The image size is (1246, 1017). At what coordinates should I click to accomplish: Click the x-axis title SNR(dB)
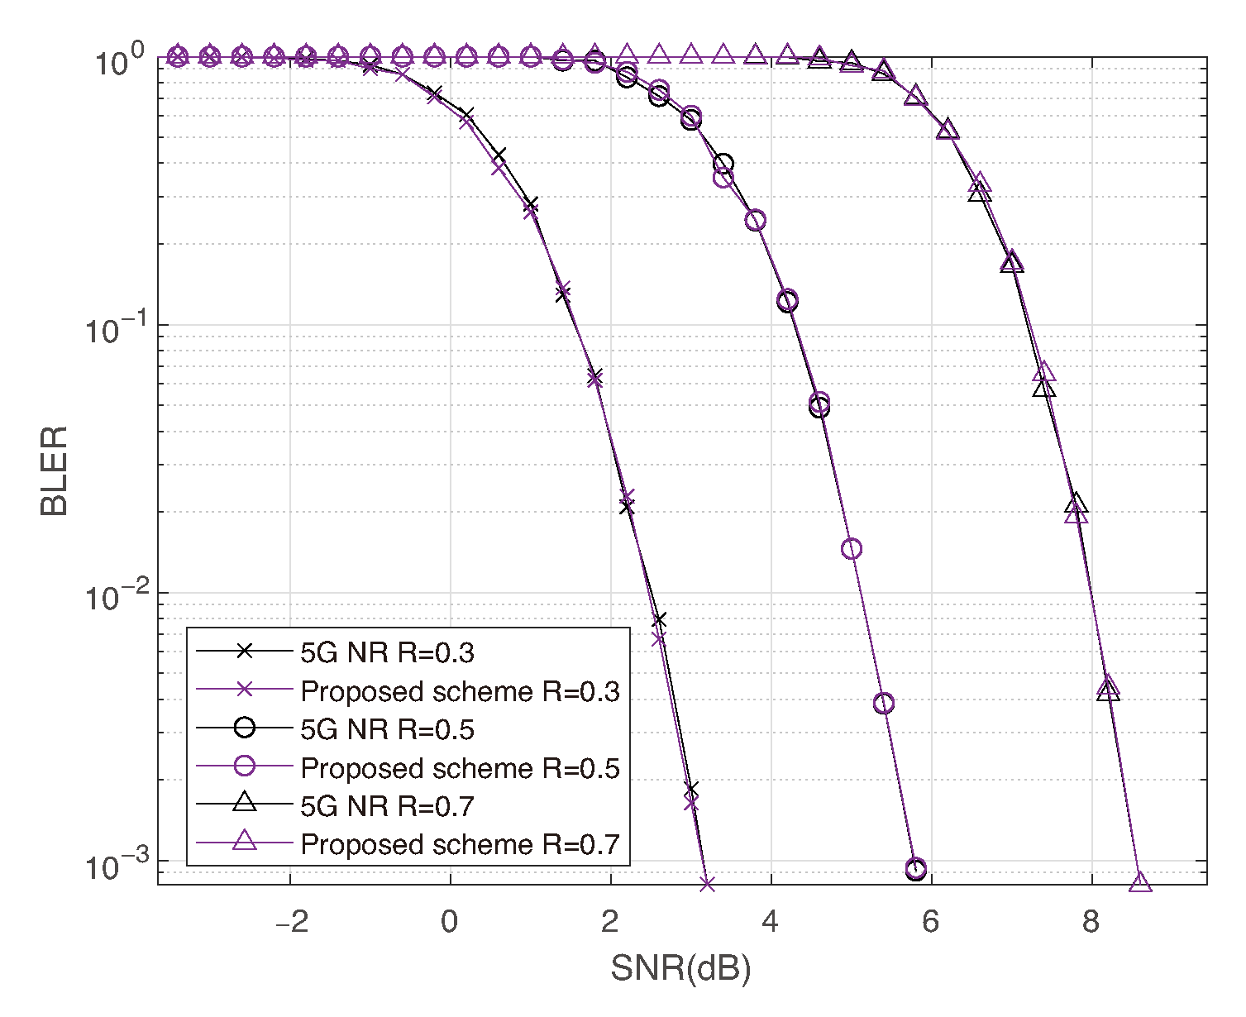[680, 968]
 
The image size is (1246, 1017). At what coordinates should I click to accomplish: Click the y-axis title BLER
[55, 471]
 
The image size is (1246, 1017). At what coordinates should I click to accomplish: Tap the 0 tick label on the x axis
[450, 921]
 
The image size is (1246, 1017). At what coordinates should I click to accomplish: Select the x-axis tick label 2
[610, 921]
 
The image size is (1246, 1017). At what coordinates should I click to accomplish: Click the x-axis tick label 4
[771, 921]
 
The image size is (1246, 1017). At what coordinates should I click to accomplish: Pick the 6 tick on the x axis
[931, 921]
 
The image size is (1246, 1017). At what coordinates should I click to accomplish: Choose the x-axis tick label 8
[1091, 921]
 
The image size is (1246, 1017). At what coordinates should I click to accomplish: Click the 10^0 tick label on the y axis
[118, 63]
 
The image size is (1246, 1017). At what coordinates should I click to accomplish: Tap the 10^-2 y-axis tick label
[113, 597]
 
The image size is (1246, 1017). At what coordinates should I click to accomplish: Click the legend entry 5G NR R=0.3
[387, 652]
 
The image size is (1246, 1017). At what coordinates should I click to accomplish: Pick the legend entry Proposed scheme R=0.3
[460, 691]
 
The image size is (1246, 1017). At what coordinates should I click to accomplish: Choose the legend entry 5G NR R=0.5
[387, 729]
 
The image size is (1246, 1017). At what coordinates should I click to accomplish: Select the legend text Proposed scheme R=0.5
[460, 768]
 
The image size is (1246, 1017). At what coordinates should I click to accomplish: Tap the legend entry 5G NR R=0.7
[387, 806]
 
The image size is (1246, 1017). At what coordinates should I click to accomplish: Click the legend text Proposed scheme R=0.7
[460, 844]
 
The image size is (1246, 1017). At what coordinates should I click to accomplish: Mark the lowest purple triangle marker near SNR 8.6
[1140, 883]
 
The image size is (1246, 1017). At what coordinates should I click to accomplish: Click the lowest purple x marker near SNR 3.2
[707, 884]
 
